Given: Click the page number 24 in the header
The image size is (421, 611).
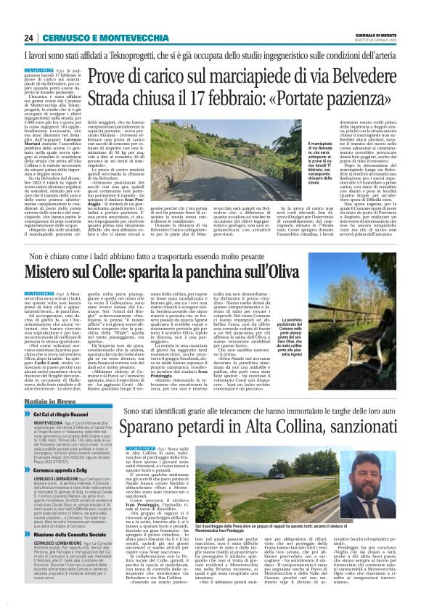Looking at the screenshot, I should point(28,38).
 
